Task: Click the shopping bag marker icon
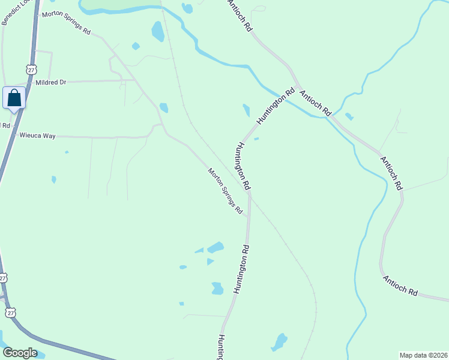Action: point(14,98)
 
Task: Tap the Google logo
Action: point(20,353)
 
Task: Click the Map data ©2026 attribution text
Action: point(423,355)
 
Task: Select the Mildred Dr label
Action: point(50,82)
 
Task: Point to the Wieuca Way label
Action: point(37,136)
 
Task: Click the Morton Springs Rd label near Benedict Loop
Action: point(65,22)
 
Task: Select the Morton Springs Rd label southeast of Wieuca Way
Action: point(225,191)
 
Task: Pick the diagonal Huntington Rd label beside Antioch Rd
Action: point(276,106)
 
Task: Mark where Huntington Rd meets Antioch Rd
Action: point(297,86)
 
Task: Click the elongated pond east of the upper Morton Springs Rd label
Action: point(158,31)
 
